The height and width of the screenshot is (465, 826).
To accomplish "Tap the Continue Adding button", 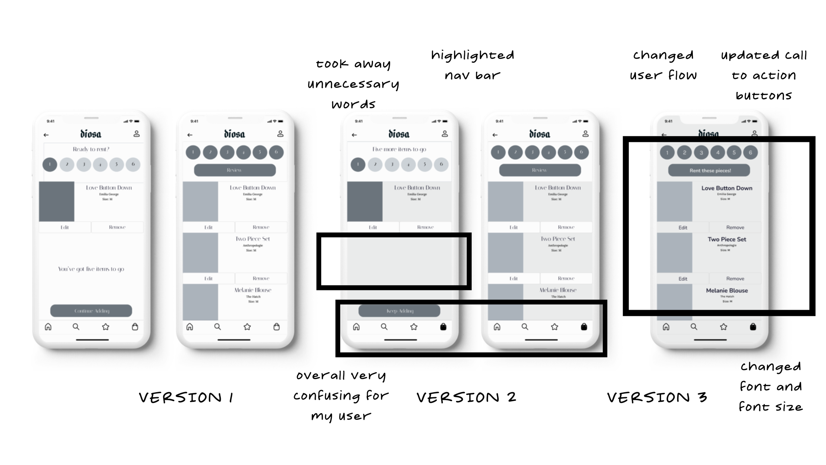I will coord(91,311).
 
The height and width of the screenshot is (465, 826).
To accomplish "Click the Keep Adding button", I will coord(399,311).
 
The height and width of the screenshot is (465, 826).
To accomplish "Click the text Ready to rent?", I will coord(91,149).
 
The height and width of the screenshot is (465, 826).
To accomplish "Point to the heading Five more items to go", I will coord(399,149).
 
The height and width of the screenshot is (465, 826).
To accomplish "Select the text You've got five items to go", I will coord(91,269).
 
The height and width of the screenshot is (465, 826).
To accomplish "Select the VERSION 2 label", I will coord(466,397).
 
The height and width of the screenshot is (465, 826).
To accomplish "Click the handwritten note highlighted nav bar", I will coord(472,65).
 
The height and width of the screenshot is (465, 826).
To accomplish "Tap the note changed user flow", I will coord(663,65).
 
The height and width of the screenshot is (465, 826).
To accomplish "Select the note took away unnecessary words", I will coord(353,84).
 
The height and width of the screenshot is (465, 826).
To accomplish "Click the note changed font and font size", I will coord(770,387).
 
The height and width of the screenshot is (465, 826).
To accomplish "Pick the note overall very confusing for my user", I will coord(341,396).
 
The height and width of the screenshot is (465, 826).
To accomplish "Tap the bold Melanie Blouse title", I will coord(727,290).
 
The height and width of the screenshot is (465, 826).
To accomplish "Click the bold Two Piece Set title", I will coord(727,239).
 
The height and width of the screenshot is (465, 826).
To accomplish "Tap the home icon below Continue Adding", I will coord(48,327).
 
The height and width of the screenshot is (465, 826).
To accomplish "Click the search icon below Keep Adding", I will coord(384,327).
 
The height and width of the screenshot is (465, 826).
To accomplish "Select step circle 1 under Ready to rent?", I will coord(50,164).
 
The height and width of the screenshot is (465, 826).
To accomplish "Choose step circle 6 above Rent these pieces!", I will coord(750,152).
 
